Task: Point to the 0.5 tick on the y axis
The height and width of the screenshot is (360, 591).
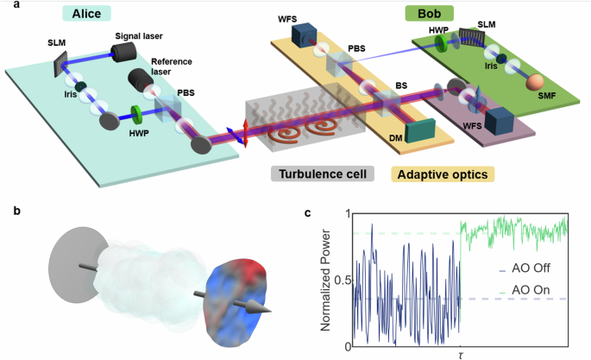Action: (343, 281)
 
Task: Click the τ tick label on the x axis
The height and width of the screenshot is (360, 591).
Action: (460, 355)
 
